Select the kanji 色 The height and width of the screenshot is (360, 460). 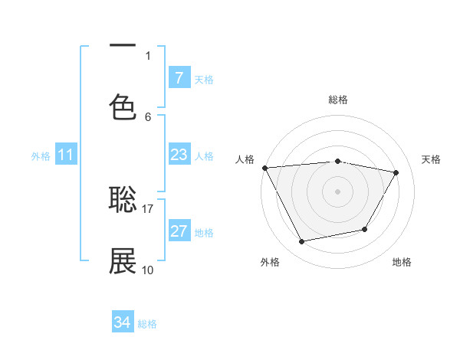(x=123, y=106)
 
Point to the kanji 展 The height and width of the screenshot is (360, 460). (x=123, y=261)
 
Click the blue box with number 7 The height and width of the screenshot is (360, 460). (x=179, y=77)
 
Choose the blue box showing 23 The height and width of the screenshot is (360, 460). (x=179, y=155)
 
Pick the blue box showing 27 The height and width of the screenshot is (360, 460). (x=179, y=231)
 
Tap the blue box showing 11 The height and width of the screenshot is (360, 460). (x=65, y=155)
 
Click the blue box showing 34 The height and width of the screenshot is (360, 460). (x=123, y=322)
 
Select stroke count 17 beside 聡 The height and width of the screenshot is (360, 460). (x=148, y=208)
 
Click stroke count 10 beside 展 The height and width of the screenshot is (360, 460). (x=148, y=270)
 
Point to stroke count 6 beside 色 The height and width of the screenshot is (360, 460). (x=148, y=116)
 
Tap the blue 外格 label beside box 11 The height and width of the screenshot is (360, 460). (x=41, y=156)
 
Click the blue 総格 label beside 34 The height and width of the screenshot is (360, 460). (x=147, y=324)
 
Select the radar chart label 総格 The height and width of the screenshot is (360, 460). (x=337, y=100)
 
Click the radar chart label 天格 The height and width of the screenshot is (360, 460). (x=432, y=159)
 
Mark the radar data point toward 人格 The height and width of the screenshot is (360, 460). (x=264, y=168)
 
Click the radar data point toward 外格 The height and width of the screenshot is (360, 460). (x=301, y=242)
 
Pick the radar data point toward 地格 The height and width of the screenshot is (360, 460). (x=365, y=229)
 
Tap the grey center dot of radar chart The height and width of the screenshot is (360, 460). (x=337, y=191)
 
